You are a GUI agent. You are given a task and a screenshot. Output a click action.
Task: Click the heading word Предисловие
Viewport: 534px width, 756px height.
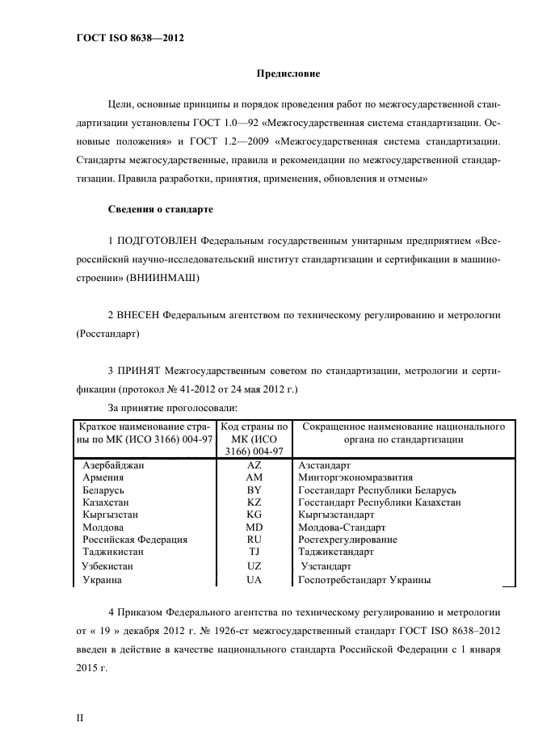(288, 74)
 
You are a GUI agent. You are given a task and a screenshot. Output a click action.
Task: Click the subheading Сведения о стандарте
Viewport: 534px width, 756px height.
(160, 209)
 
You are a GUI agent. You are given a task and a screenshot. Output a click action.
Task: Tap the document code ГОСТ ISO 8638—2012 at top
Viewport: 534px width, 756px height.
(124, 36)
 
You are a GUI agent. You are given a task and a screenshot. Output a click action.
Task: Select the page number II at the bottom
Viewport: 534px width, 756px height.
(80, 716)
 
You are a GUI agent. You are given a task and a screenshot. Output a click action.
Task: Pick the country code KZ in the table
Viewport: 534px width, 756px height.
(254, 502)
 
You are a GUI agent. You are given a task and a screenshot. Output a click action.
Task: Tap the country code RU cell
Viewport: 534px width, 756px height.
(254, 539)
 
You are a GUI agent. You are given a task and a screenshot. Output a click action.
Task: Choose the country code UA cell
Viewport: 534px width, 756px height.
(254, 579)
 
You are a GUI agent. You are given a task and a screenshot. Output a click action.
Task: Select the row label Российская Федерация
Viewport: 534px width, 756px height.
(135, 539)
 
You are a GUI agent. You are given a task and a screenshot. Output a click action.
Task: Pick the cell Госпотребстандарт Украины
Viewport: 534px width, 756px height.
(364, 579)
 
